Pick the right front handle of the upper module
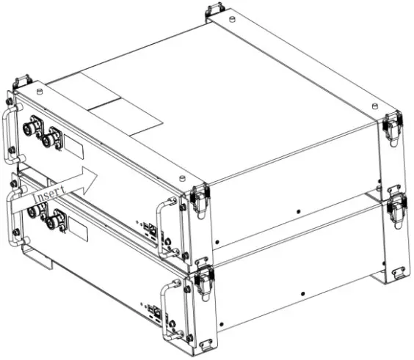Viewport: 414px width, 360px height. point(170,224)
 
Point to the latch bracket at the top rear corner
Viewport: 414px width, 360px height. point(214,11)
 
